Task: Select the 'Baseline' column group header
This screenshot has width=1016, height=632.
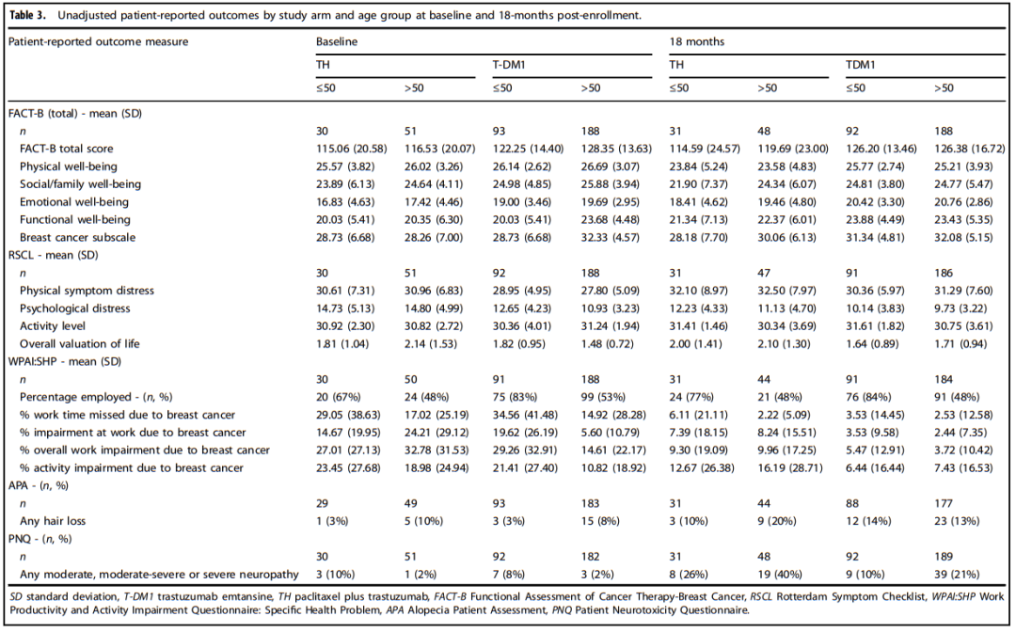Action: [x=337, y=41]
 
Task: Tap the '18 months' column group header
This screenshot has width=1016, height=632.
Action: [x=691, y=41]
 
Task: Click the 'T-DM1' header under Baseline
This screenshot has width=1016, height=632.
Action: [x=509, y=65]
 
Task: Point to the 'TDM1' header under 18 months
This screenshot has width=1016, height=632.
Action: [x=859, y=65]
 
